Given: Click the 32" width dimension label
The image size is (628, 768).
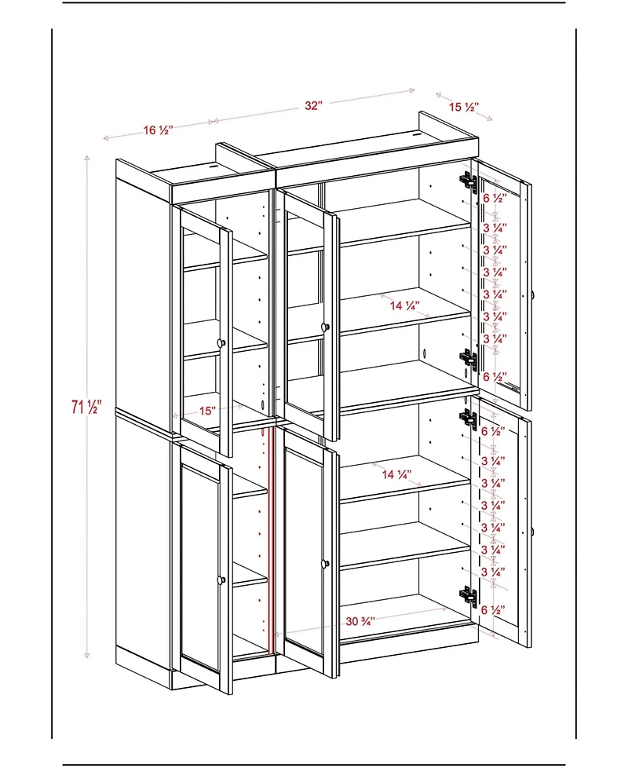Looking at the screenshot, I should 314,106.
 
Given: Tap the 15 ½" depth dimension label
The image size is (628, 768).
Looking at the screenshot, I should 464,107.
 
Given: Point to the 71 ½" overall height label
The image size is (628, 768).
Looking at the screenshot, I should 86,407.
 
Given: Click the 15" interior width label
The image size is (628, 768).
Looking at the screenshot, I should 207,410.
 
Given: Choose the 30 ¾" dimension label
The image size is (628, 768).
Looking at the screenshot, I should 360,620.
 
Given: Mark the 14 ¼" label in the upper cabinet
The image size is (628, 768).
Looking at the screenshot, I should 405,305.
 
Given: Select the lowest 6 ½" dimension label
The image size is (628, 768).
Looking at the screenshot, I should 492,609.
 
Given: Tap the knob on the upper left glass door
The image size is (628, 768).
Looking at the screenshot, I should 221,342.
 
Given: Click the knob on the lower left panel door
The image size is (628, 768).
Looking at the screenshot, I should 221,580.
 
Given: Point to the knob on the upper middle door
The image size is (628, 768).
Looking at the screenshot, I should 323,326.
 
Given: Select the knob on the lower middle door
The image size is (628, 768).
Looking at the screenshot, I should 323,563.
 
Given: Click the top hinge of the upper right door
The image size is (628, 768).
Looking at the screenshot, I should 469,182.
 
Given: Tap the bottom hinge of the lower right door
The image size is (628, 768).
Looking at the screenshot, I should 469,597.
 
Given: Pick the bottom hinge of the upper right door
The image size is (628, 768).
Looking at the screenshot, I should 469,360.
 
